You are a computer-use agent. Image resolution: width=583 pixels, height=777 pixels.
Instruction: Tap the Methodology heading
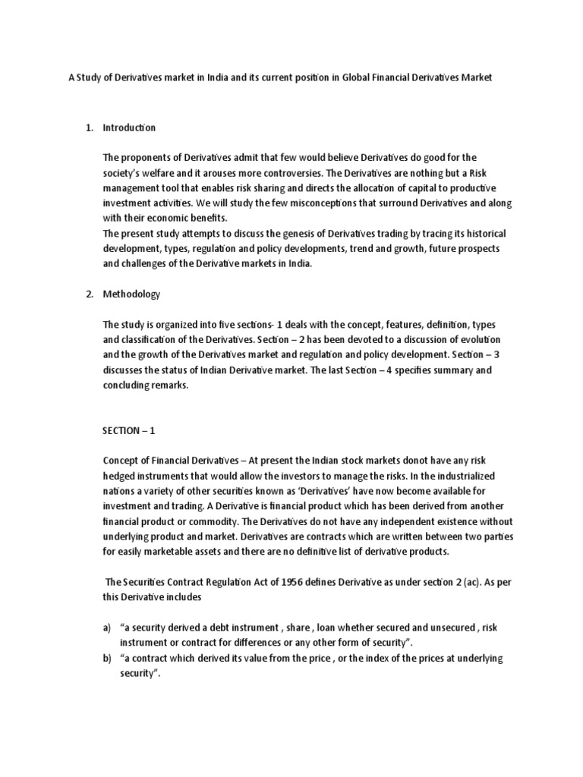click(x=131, y=294)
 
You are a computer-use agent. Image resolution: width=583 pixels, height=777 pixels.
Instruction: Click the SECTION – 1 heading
click(x=128, y=430)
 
